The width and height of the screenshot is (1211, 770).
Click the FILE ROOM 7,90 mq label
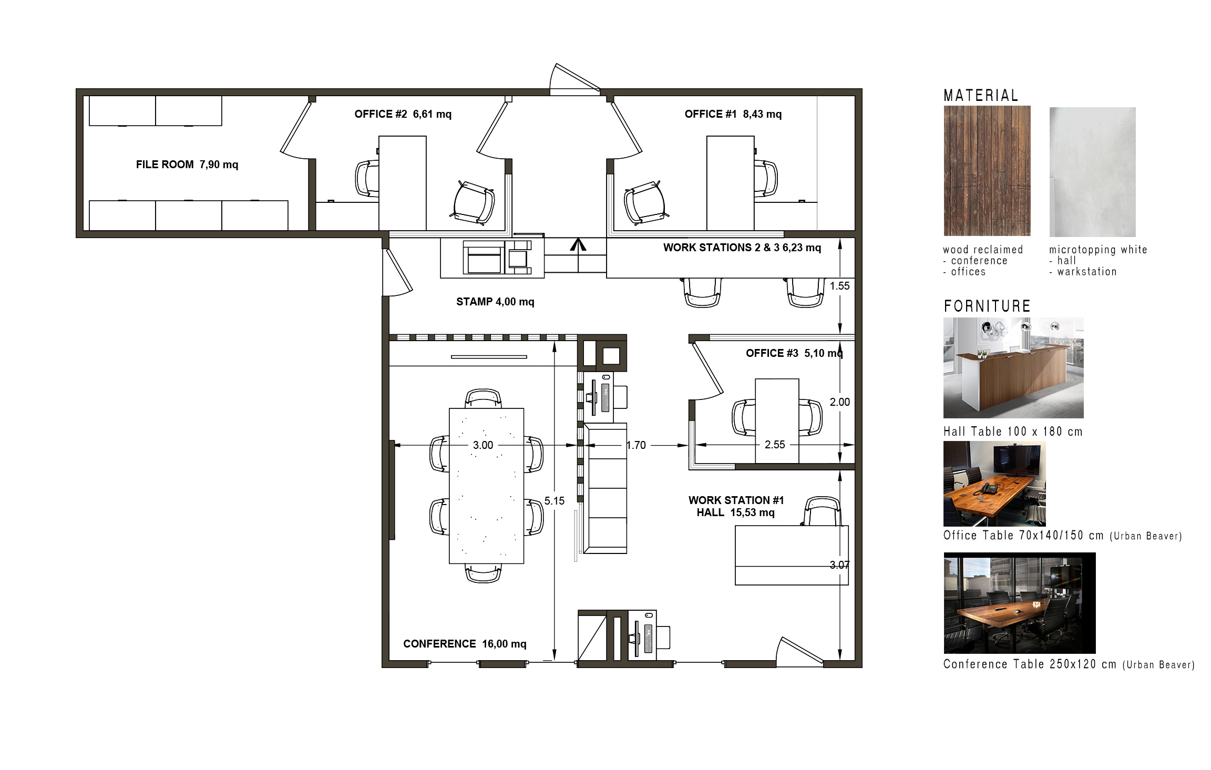(187, 165)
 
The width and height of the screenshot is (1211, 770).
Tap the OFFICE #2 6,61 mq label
(403, 114)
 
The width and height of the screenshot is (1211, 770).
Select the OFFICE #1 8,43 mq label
(733, 114)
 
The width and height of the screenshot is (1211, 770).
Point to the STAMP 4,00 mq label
(495, 302)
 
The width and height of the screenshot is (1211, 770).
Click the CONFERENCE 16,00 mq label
(465, 644)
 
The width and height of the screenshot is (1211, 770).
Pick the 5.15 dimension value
(555, 501)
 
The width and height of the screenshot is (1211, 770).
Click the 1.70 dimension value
(636, 445)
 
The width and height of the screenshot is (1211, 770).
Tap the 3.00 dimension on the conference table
(483, 445)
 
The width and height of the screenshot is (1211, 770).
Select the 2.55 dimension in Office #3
(775, 445)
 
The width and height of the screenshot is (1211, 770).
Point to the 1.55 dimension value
(839, 286)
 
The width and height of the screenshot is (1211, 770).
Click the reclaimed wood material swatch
(987, 171)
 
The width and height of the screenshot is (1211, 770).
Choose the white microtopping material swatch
(1093, 172)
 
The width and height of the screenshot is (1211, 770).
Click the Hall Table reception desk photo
(1013, 368)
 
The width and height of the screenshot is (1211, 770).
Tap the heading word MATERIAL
(981, 95)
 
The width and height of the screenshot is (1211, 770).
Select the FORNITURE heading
(987, 306)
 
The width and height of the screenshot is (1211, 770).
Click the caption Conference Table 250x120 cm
(1030, 664)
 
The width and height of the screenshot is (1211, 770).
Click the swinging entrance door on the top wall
(575, 79)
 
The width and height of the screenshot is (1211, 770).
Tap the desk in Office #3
(777, 421)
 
